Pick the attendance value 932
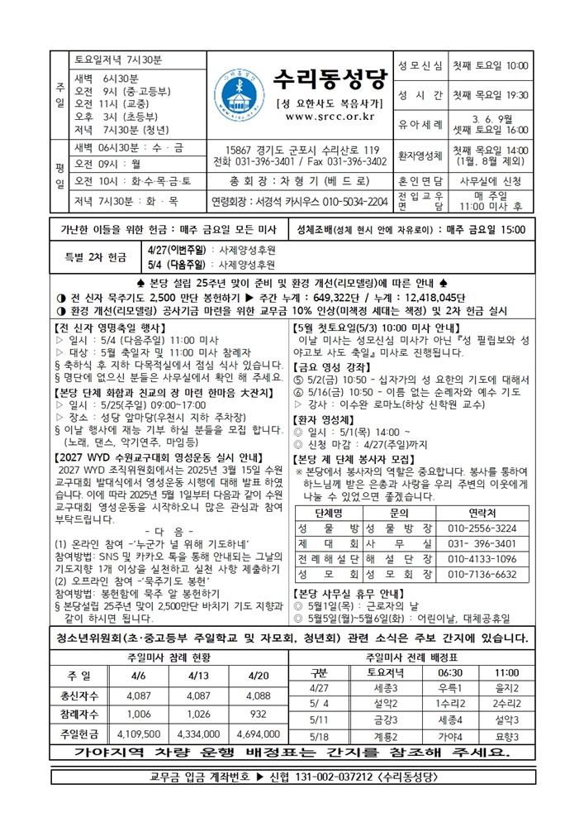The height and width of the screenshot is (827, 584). [259, 714]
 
